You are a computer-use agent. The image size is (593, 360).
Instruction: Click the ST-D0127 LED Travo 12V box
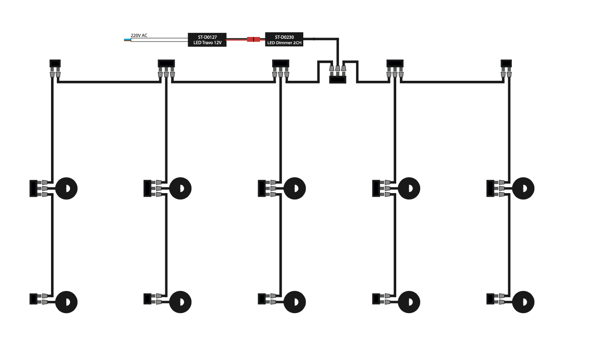point(207,40)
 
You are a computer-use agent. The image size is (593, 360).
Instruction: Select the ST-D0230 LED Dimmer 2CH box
point(284,40)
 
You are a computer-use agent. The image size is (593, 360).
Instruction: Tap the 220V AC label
point(139,35)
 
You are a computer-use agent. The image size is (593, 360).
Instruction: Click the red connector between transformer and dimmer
point(253,40)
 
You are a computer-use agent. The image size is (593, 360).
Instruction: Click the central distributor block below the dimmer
point(337,79)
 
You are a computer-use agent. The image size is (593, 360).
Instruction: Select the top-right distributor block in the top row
point(506,63)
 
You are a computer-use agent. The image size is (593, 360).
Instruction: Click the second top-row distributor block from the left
point(166,63)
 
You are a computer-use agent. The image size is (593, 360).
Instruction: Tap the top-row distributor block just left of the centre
point(280,63)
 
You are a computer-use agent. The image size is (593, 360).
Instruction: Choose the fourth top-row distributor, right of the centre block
point(395,63)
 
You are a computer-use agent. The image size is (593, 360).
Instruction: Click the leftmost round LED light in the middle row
point(66,188)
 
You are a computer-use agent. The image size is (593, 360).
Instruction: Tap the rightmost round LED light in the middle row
point(524,188)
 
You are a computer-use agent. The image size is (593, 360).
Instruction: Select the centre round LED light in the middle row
point(295,188)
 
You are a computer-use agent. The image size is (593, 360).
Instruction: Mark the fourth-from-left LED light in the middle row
point(409,188)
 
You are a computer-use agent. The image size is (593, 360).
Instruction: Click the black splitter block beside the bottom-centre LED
point(261,299)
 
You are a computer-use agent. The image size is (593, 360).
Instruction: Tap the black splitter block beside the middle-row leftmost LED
point(32,188)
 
